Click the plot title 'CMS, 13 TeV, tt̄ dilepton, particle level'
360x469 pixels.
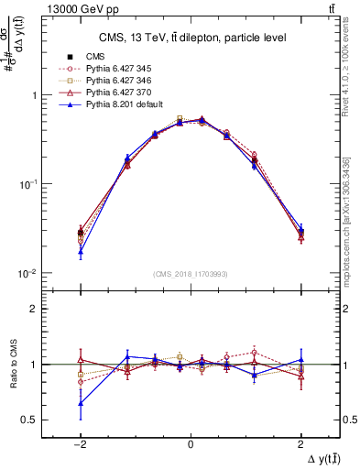coord(190,38)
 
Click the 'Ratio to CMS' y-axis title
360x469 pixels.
coord(13,365)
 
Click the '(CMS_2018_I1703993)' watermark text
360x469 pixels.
coord(191,273)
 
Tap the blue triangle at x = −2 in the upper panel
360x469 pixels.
coord(81,252)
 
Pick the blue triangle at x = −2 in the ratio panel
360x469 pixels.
coord(81,403)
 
